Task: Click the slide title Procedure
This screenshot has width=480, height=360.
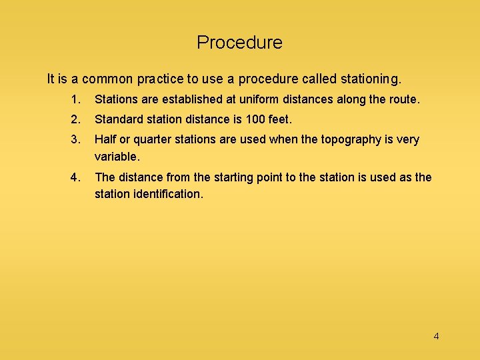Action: coord(239,43)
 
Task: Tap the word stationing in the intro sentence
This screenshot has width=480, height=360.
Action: coord(370,79)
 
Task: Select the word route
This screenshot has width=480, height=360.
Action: coord(405,100)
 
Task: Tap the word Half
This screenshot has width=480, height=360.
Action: coord(105,139)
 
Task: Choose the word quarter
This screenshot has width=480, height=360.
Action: coord(153,139)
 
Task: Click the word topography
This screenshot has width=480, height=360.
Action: coord(349,139)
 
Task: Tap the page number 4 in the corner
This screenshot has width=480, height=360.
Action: coord(436,336)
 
